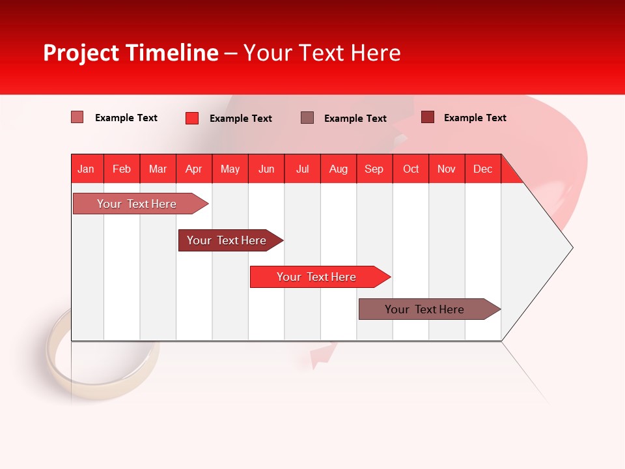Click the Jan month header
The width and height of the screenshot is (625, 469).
pyautogui.click(x=86, y=169)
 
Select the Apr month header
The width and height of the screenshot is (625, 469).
pyautogui.click(x=193, y=169)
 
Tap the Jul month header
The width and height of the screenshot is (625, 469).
pyautogui.click(x=302, y=169)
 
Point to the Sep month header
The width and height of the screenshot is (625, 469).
pyautogui.click(x=374, y=169)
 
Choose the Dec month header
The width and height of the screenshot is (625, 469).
pyautogui.click(x=482, y=169)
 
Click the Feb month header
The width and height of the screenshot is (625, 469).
pyautogui.click(x=122, y=169)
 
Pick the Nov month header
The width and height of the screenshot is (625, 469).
pyautogui.click(x=446, y=169)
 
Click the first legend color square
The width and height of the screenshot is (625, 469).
pyautogui.click(x=77, y=117)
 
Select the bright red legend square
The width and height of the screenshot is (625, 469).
pyautogui.click(x=191, y=118)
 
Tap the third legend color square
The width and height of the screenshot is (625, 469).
pyautogui.click(x=307, y=117)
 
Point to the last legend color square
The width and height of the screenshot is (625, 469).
pyautogui.click(x=427, y=117)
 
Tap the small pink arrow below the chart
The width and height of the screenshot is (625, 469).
pyautogui.click(x=322, y=355)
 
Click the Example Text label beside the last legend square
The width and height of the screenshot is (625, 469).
pyautogui.click(x=475, y=118)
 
